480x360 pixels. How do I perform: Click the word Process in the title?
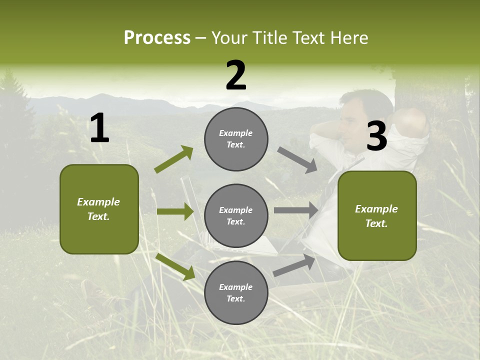point(157,38)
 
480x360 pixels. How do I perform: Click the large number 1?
point(99,129)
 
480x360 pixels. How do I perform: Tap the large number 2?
point(236,76)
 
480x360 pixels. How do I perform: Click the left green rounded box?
point(99,209)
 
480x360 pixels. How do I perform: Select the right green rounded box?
point(377,216)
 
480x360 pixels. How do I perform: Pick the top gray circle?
point(236,139)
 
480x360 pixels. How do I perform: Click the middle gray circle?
point(236,216)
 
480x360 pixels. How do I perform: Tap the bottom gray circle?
point(236,293)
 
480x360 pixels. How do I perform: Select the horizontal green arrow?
point(175,211)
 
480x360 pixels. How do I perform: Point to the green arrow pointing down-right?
point(175,266)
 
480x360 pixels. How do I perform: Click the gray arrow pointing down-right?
point(297,159)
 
